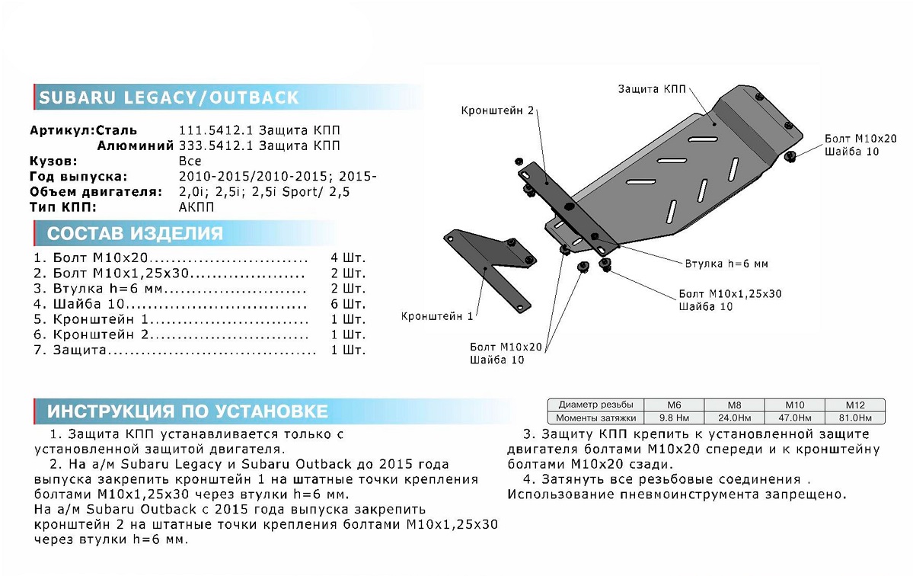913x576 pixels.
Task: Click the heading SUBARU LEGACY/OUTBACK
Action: coord(169,98)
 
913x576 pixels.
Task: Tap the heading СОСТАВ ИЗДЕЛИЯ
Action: coord(135,233)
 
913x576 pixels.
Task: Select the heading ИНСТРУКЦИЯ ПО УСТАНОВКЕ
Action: coord(187,412)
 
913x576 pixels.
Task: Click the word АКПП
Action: coord(196,207)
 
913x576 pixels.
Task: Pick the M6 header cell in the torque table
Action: coord(674,405)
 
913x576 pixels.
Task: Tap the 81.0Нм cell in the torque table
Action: coord(855,418)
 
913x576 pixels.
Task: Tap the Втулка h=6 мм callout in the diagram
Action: coord(725,264)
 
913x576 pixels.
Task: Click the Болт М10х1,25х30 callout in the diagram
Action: coord(729,293)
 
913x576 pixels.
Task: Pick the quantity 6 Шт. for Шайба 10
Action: coord(350,303)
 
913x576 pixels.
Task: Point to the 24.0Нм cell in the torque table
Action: coord(735,418)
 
